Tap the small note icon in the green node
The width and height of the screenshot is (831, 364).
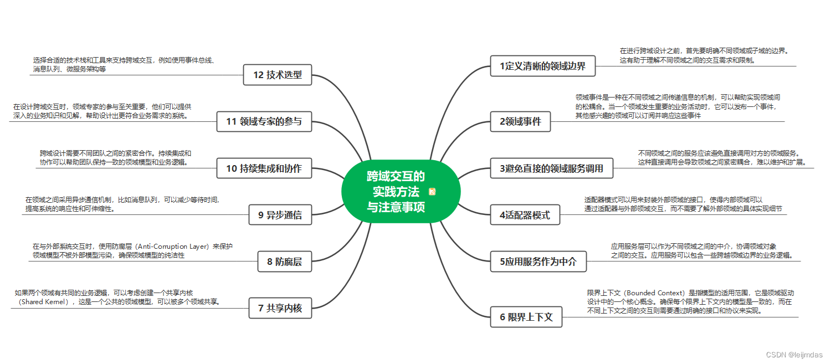pos(432,192)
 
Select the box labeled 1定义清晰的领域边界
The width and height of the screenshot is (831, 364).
pos(542,66)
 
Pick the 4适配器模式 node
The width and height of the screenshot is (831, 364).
pos(525,214)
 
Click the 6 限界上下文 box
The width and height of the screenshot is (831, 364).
pos(526,317)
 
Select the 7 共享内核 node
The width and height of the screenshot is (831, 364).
pos(280,308)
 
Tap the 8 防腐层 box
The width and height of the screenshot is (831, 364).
pos(284,262)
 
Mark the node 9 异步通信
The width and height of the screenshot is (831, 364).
pos(280,215)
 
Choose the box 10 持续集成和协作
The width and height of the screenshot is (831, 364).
pos(264,168)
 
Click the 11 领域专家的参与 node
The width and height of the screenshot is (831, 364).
pos(264,121)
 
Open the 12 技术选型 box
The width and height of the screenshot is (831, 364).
pos(277,75)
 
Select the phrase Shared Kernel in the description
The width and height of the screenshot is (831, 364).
pos(44,303)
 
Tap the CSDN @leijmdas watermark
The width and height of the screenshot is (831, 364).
pos(794,355)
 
